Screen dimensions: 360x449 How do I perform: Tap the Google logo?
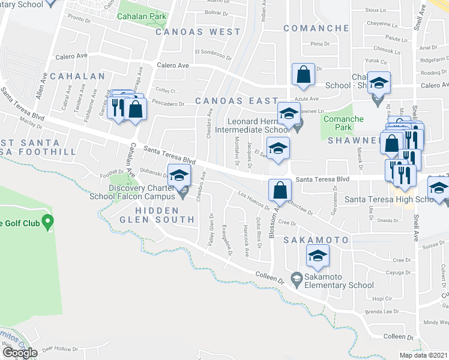tap(20, 353)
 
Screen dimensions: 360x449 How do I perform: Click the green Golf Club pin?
tap(48, 223)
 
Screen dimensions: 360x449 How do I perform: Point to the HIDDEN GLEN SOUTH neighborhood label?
tap(157, 215)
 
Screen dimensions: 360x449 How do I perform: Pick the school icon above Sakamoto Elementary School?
tap(318, 257)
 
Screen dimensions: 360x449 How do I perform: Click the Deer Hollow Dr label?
tap(57, 348)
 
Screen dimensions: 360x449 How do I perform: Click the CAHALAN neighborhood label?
tap(77, 76)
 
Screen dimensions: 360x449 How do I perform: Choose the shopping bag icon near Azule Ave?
tap(304, 75)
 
